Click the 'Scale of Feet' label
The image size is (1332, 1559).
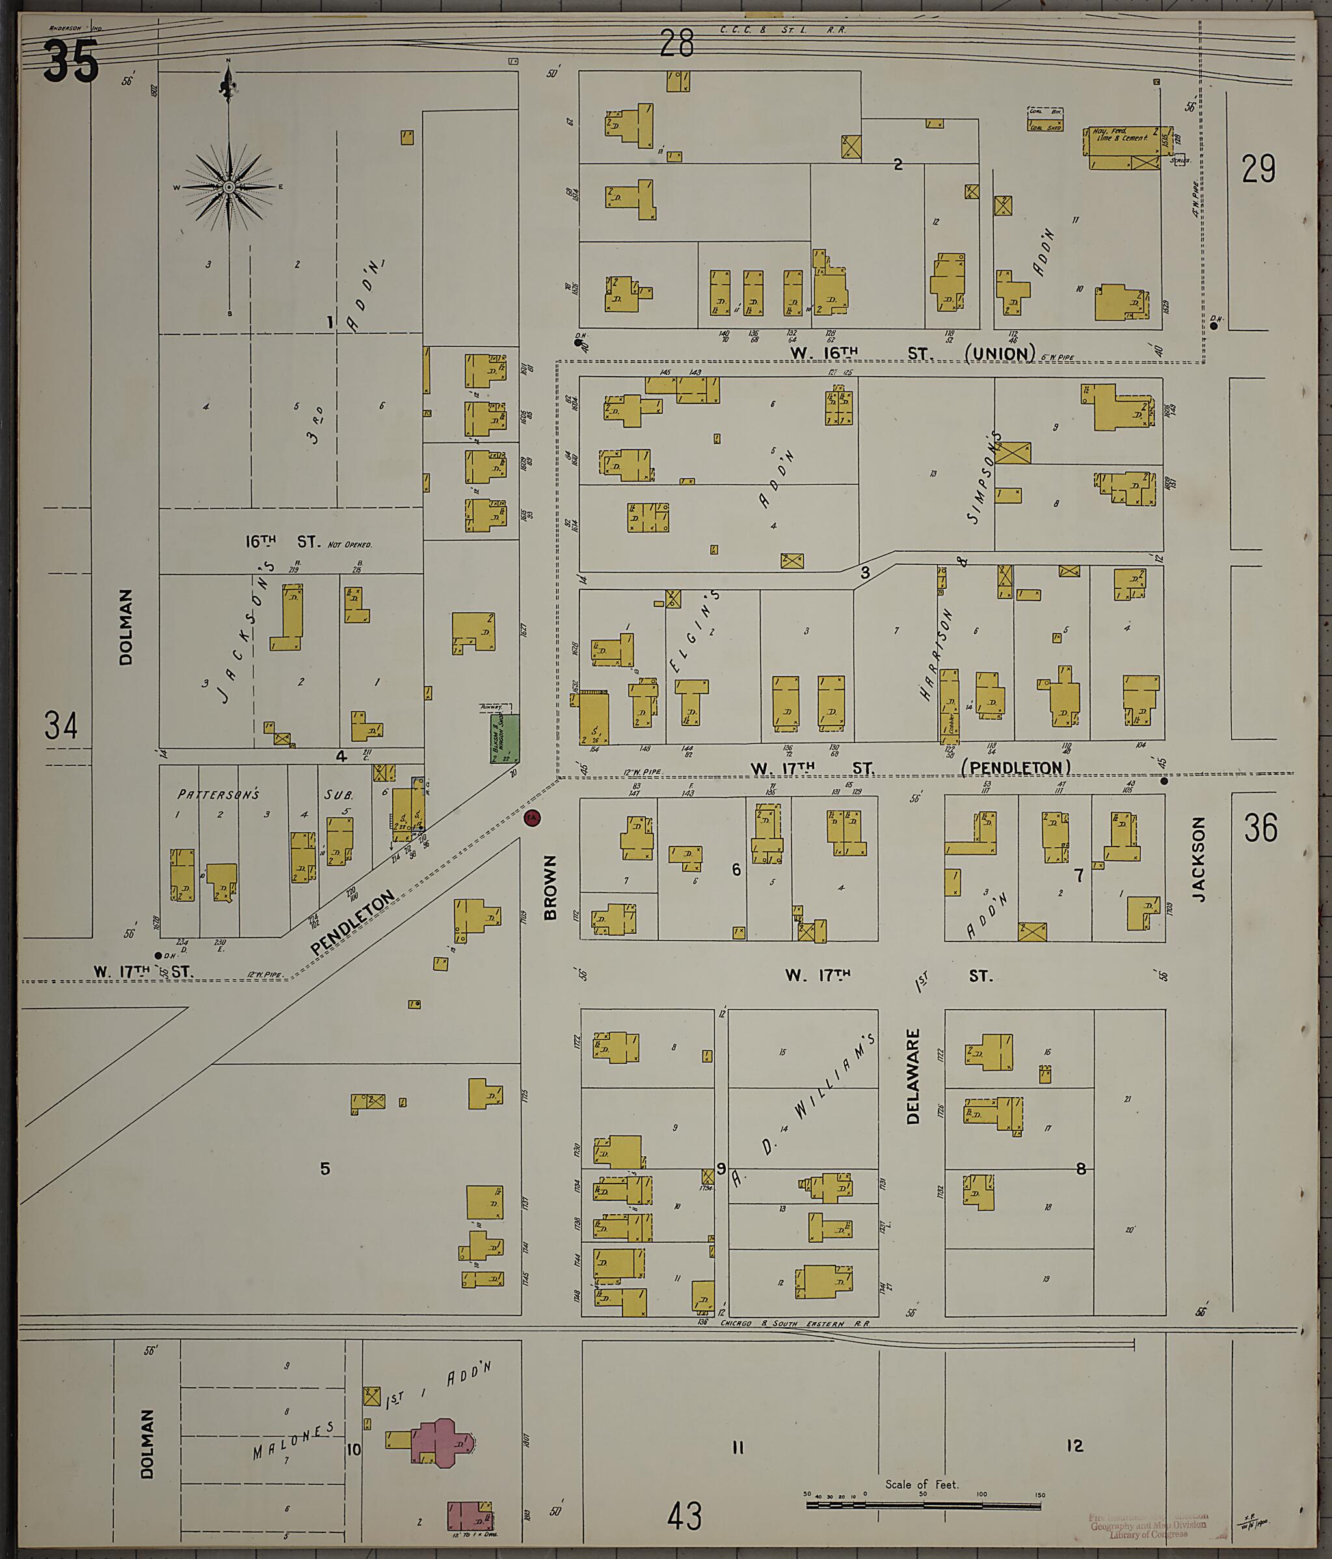click(x=922, y=1484)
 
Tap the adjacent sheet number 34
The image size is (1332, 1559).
click(x=61, y=726)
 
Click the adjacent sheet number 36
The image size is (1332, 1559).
click(x=1260, y=828)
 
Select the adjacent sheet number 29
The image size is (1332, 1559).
click(x=1259, y=169)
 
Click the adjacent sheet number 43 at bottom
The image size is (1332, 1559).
click(x=684, y=1515)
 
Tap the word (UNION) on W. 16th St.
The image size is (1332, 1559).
click(x=1000, y=353)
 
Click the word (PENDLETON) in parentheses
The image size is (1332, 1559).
click(x=1016, y=767)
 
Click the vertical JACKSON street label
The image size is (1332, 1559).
click(x=1198, y=860)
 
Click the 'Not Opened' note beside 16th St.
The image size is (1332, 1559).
click(x=350, y=544)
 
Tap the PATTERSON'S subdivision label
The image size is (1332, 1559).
click(x=218, y=794)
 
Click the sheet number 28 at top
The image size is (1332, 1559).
click(x=676, y=44)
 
